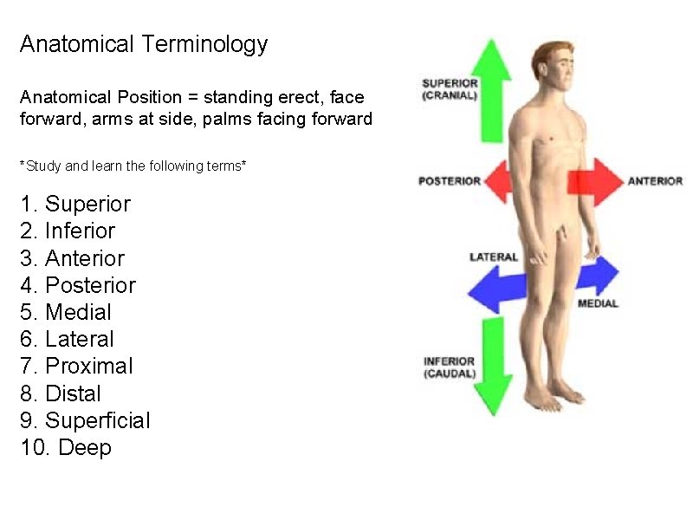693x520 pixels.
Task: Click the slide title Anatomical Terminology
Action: (x=144, y=44)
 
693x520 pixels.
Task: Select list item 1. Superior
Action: (x=75, y=205)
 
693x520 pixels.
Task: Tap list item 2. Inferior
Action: (x=68, y=231)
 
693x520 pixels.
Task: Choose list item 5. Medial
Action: (x=66, y=312)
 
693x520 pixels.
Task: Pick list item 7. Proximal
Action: (x=76, y=367)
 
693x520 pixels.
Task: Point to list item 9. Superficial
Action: (x=85, y=421)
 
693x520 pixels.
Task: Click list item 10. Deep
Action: (x=66, y=448)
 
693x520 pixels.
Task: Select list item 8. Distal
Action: (x=61, y=393)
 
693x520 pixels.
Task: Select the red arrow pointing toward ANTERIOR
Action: (x=595, y=181)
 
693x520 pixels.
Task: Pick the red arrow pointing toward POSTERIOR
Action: (x=497, y=182)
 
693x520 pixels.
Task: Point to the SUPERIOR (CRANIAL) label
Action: (x=450, y=89)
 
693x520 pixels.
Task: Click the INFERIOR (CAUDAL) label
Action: (x=450, y=367)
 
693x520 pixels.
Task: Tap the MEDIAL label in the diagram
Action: (x=598, y=303)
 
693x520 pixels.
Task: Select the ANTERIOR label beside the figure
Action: (x=655, y=181)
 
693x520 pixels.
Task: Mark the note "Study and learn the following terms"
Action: (x=133, y=165)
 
